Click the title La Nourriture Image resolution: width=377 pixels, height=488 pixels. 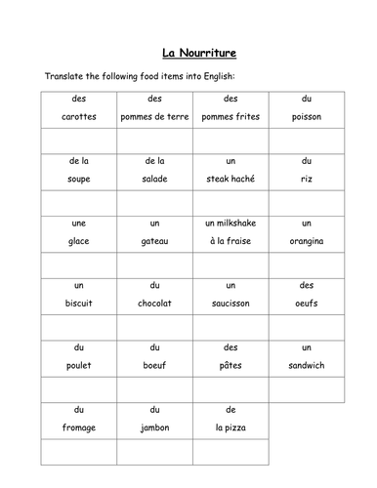click(x=188, y=54)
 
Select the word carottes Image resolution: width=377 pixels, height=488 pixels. click(x=78, y=117)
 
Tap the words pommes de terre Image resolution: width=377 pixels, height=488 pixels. click(x=154, y=117)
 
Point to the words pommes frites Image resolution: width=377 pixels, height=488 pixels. click(x=230, y=117)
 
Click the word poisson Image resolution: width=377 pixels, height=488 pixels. click(x=306, y=117)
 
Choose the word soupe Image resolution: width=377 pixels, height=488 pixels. click(x=78, y=179)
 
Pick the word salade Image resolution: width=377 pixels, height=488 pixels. click(x=154, y=179)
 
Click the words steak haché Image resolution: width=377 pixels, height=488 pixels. click(x=230, y=179)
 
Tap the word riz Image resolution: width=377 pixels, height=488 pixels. click(x=306, y=179)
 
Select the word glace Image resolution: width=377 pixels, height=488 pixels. click(x=78, y=241)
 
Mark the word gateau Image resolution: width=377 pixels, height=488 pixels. click(x=154, y=241)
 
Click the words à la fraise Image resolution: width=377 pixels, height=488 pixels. click(x=230, y=241)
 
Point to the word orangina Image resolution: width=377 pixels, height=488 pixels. click(x=306, y=241)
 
